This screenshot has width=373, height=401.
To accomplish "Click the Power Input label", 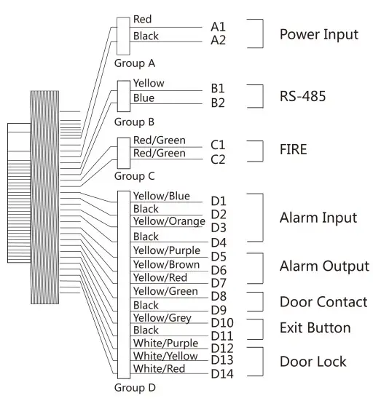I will coord(319,34).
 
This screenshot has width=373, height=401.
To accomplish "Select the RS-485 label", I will coord(302,95).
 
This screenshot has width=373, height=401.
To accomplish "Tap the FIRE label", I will coord(294,150).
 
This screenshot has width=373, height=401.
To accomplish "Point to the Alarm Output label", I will coord(324,266).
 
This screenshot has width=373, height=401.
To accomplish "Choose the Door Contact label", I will coord(323,302).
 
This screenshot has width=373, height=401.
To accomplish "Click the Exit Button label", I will coord(315,328).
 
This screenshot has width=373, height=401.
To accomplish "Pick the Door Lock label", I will coord(313,362).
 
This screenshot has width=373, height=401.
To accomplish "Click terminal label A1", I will coord(219,26).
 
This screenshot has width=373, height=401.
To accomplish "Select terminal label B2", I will coord(218,103).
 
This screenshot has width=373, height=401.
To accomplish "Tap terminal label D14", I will coord(221,374).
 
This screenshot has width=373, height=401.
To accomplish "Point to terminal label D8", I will coord(219,296).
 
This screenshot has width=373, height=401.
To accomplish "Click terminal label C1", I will coord(219,145).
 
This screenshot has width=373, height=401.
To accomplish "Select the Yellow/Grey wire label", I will coord(162,318).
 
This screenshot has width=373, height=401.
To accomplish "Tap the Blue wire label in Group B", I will coord(144,98).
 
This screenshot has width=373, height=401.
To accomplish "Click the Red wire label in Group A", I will coord(143,20).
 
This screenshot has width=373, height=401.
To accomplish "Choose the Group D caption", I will coord(135,388).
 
